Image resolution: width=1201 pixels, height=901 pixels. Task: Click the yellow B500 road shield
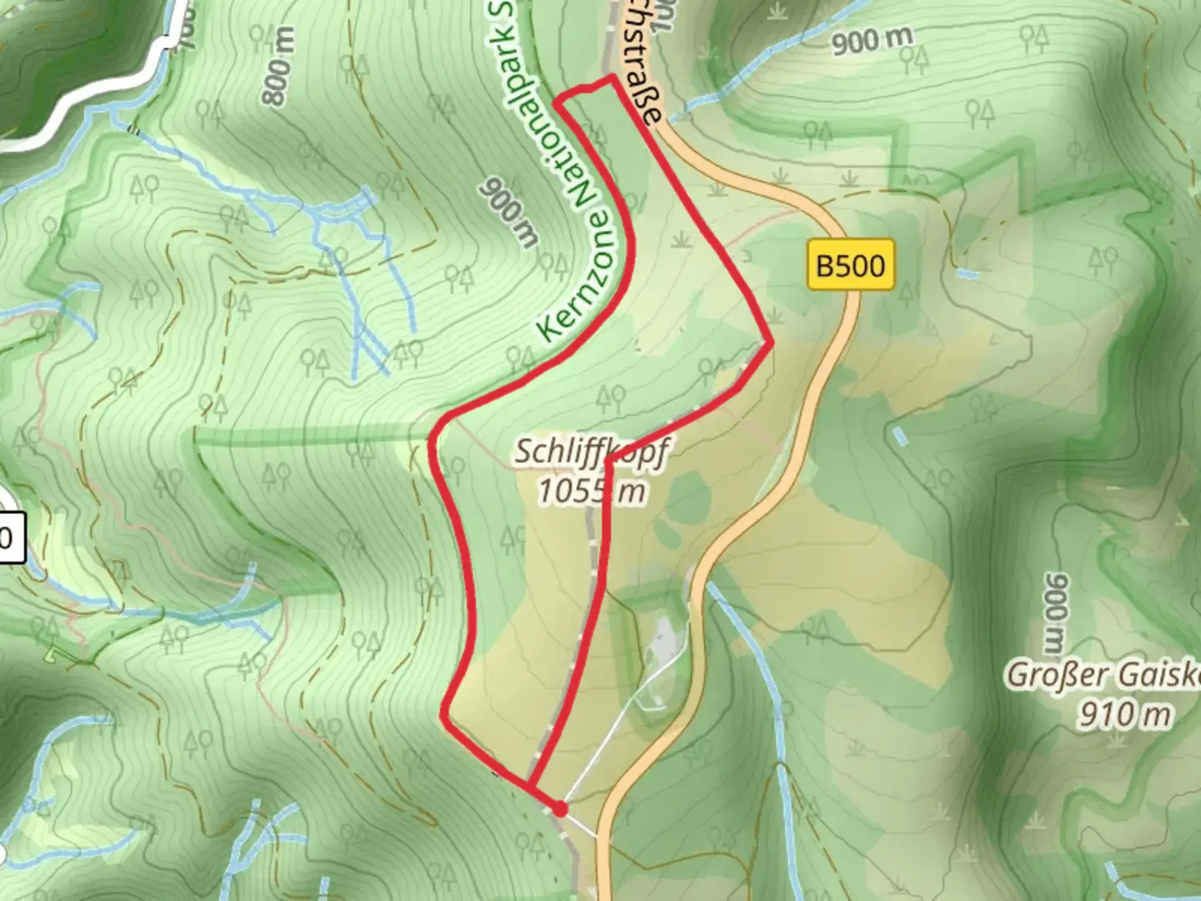pos(850,265)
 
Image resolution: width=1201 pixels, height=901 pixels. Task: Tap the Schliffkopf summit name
pos(590,452)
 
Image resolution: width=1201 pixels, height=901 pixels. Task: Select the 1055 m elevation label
pos(590,491)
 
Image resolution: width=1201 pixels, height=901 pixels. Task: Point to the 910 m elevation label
pos(1124,714)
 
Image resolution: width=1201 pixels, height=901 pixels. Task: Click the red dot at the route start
pos(560,808)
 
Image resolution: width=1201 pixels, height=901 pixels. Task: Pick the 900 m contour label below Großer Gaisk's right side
pos(1056,612)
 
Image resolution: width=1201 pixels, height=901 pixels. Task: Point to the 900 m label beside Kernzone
pos(509,213)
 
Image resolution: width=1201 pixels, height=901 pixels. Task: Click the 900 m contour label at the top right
pos(871,39)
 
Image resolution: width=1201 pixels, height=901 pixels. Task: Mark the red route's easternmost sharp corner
pos(771,341)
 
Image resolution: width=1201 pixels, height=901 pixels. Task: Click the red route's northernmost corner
pos(614,78)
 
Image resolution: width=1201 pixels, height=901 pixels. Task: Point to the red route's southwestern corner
pos(445,714)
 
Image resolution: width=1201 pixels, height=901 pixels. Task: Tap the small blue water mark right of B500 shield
pos(967,274)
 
